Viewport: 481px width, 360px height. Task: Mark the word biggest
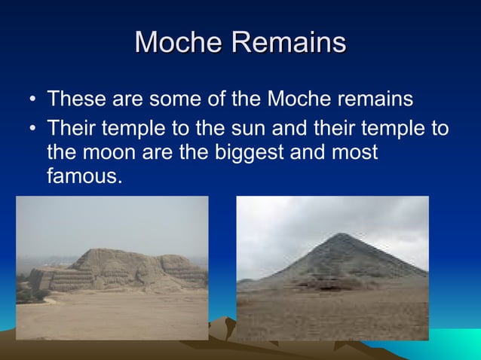tap(250, 152)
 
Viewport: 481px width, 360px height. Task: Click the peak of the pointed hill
tap(344, 236)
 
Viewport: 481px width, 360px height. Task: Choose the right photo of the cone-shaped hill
tap(332, 268)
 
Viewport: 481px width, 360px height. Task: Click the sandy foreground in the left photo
tap(113, 316)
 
